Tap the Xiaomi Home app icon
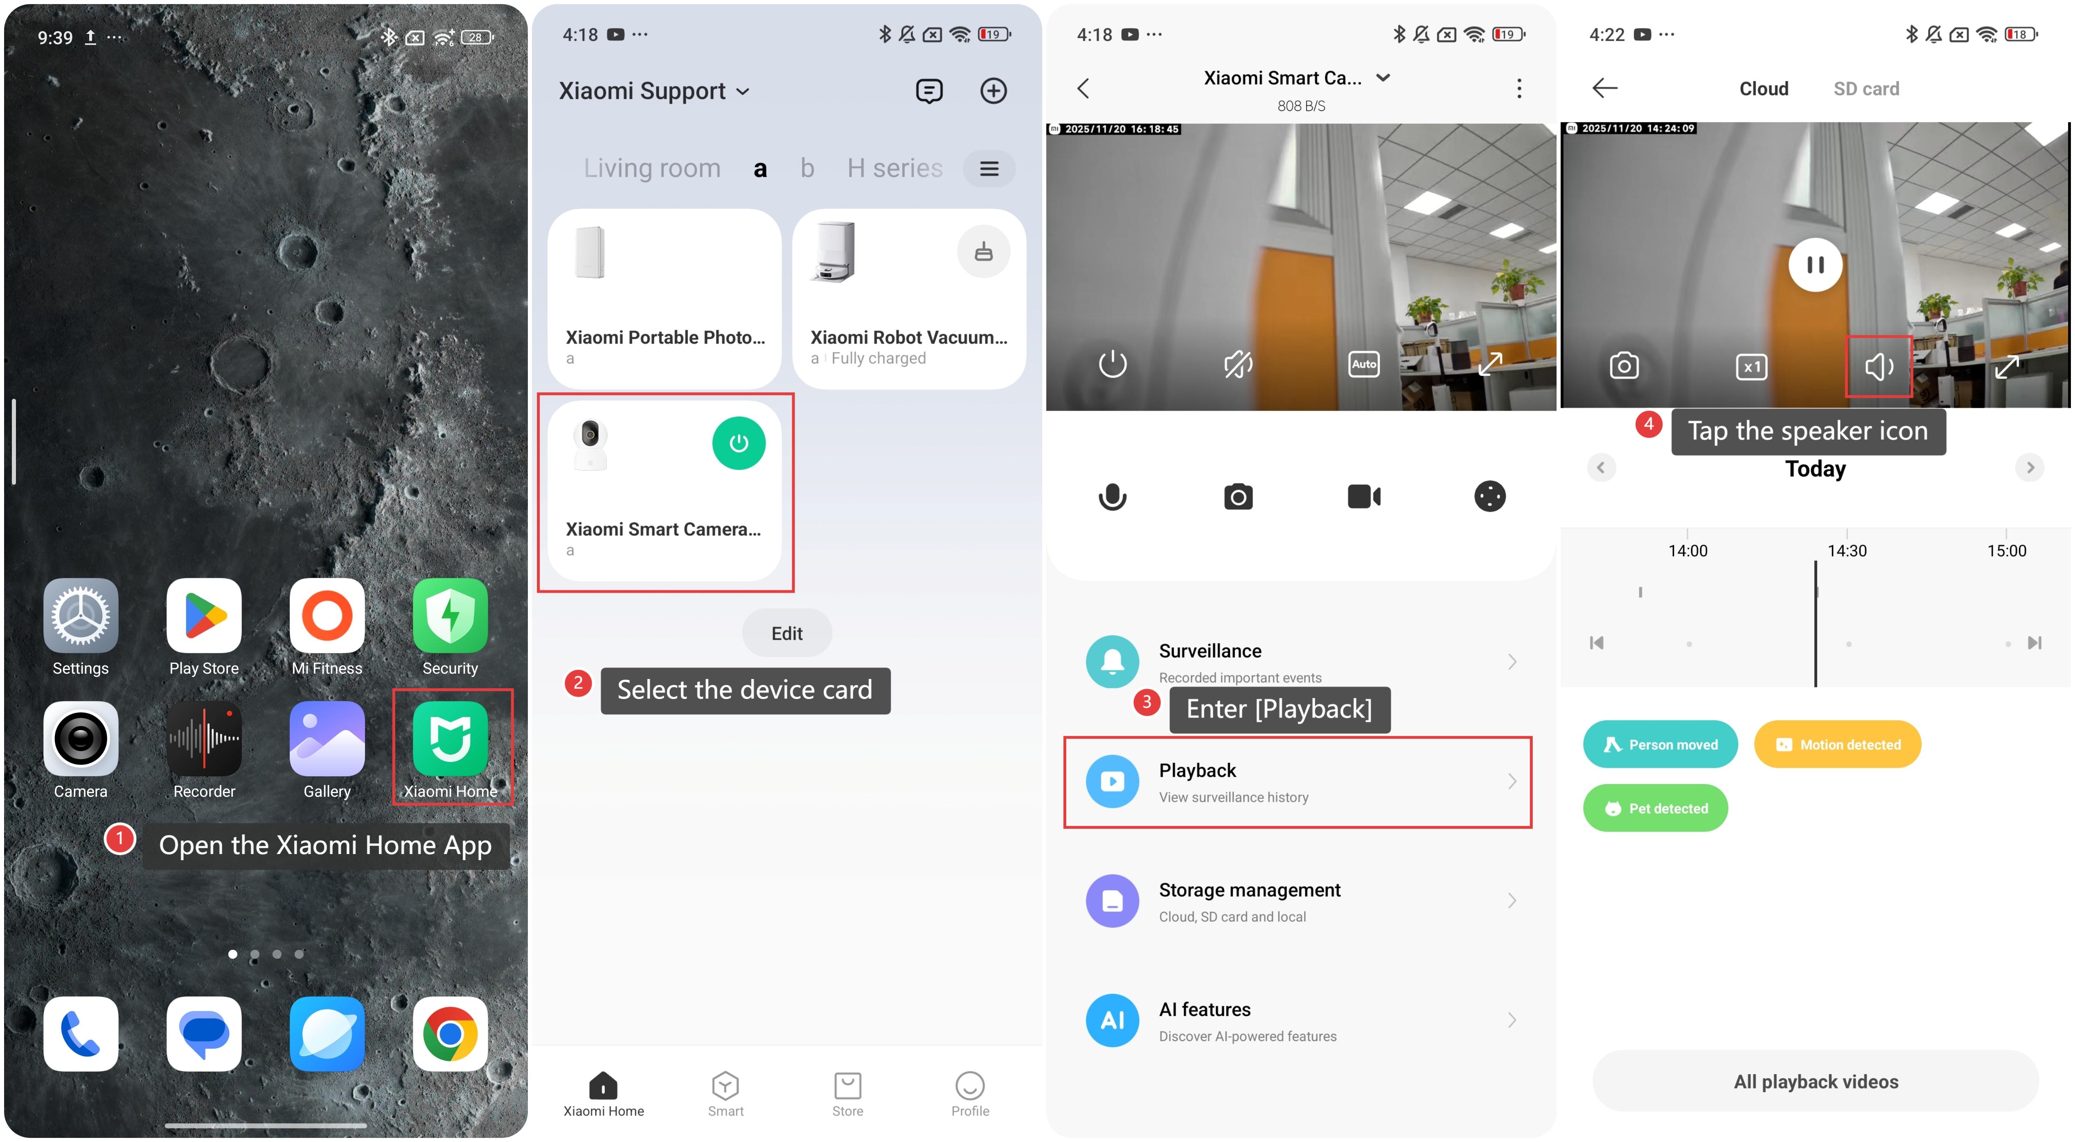tap(450, 739)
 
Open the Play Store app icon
tap(204, 615)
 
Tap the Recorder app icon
tap(204, 739)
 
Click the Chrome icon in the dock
tap(450, 1034)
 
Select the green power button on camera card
tap(739, 443)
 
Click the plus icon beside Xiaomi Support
tap(993, 91)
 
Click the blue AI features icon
tap(1113, 1021)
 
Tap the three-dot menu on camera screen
tap(1519, 89)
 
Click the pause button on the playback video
tap(1815, 265)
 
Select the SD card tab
tap(1866, 89)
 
